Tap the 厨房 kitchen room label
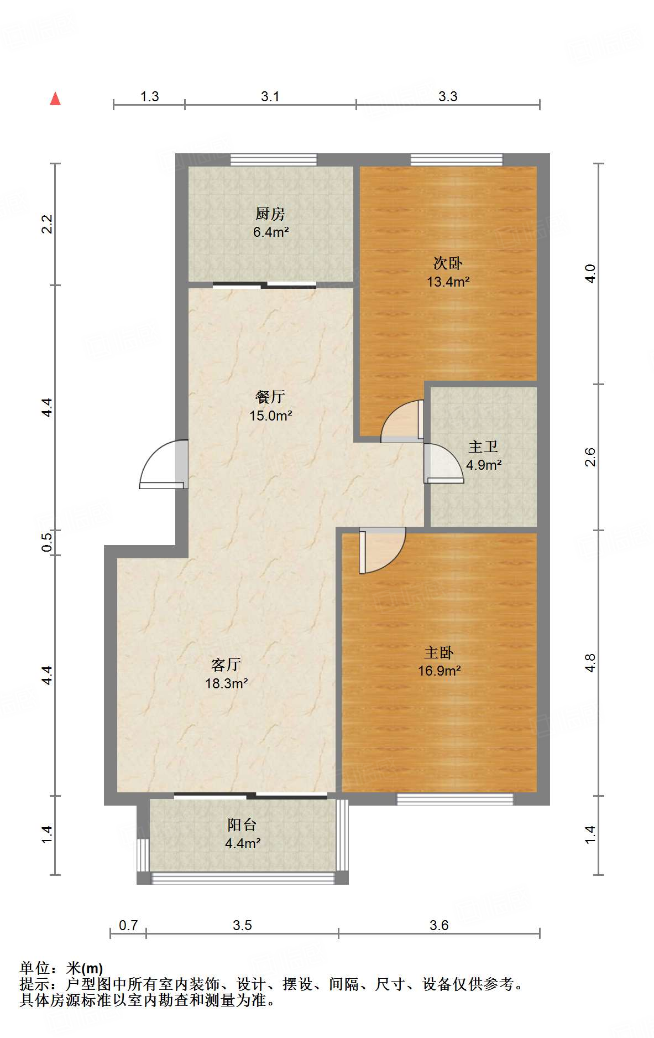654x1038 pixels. tap(270, 213)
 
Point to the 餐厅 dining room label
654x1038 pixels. tap(270, 396)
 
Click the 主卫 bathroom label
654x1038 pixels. tap(484, 446)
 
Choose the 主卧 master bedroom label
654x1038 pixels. tap(440, 652)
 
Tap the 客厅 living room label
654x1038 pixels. tap(226, 665)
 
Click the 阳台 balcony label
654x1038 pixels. tap(242, 825)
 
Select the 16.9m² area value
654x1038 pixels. tap(440, 671)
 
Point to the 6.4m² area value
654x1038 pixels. tap(271, 232)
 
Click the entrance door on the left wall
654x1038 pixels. tap(164, 464)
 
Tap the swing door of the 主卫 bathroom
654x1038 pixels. tap(444, 464)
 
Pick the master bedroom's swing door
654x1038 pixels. tap(383, 551)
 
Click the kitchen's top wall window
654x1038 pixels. tap(274, 160)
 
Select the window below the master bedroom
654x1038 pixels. tap(455, 799)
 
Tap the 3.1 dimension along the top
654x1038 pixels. tap(270, 96)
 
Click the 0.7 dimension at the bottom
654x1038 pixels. tap(128, 925)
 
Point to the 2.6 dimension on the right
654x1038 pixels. tap(590, 457)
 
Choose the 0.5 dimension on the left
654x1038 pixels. tap(47, 542)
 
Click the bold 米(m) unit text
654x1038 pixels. tap(85, 968)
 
